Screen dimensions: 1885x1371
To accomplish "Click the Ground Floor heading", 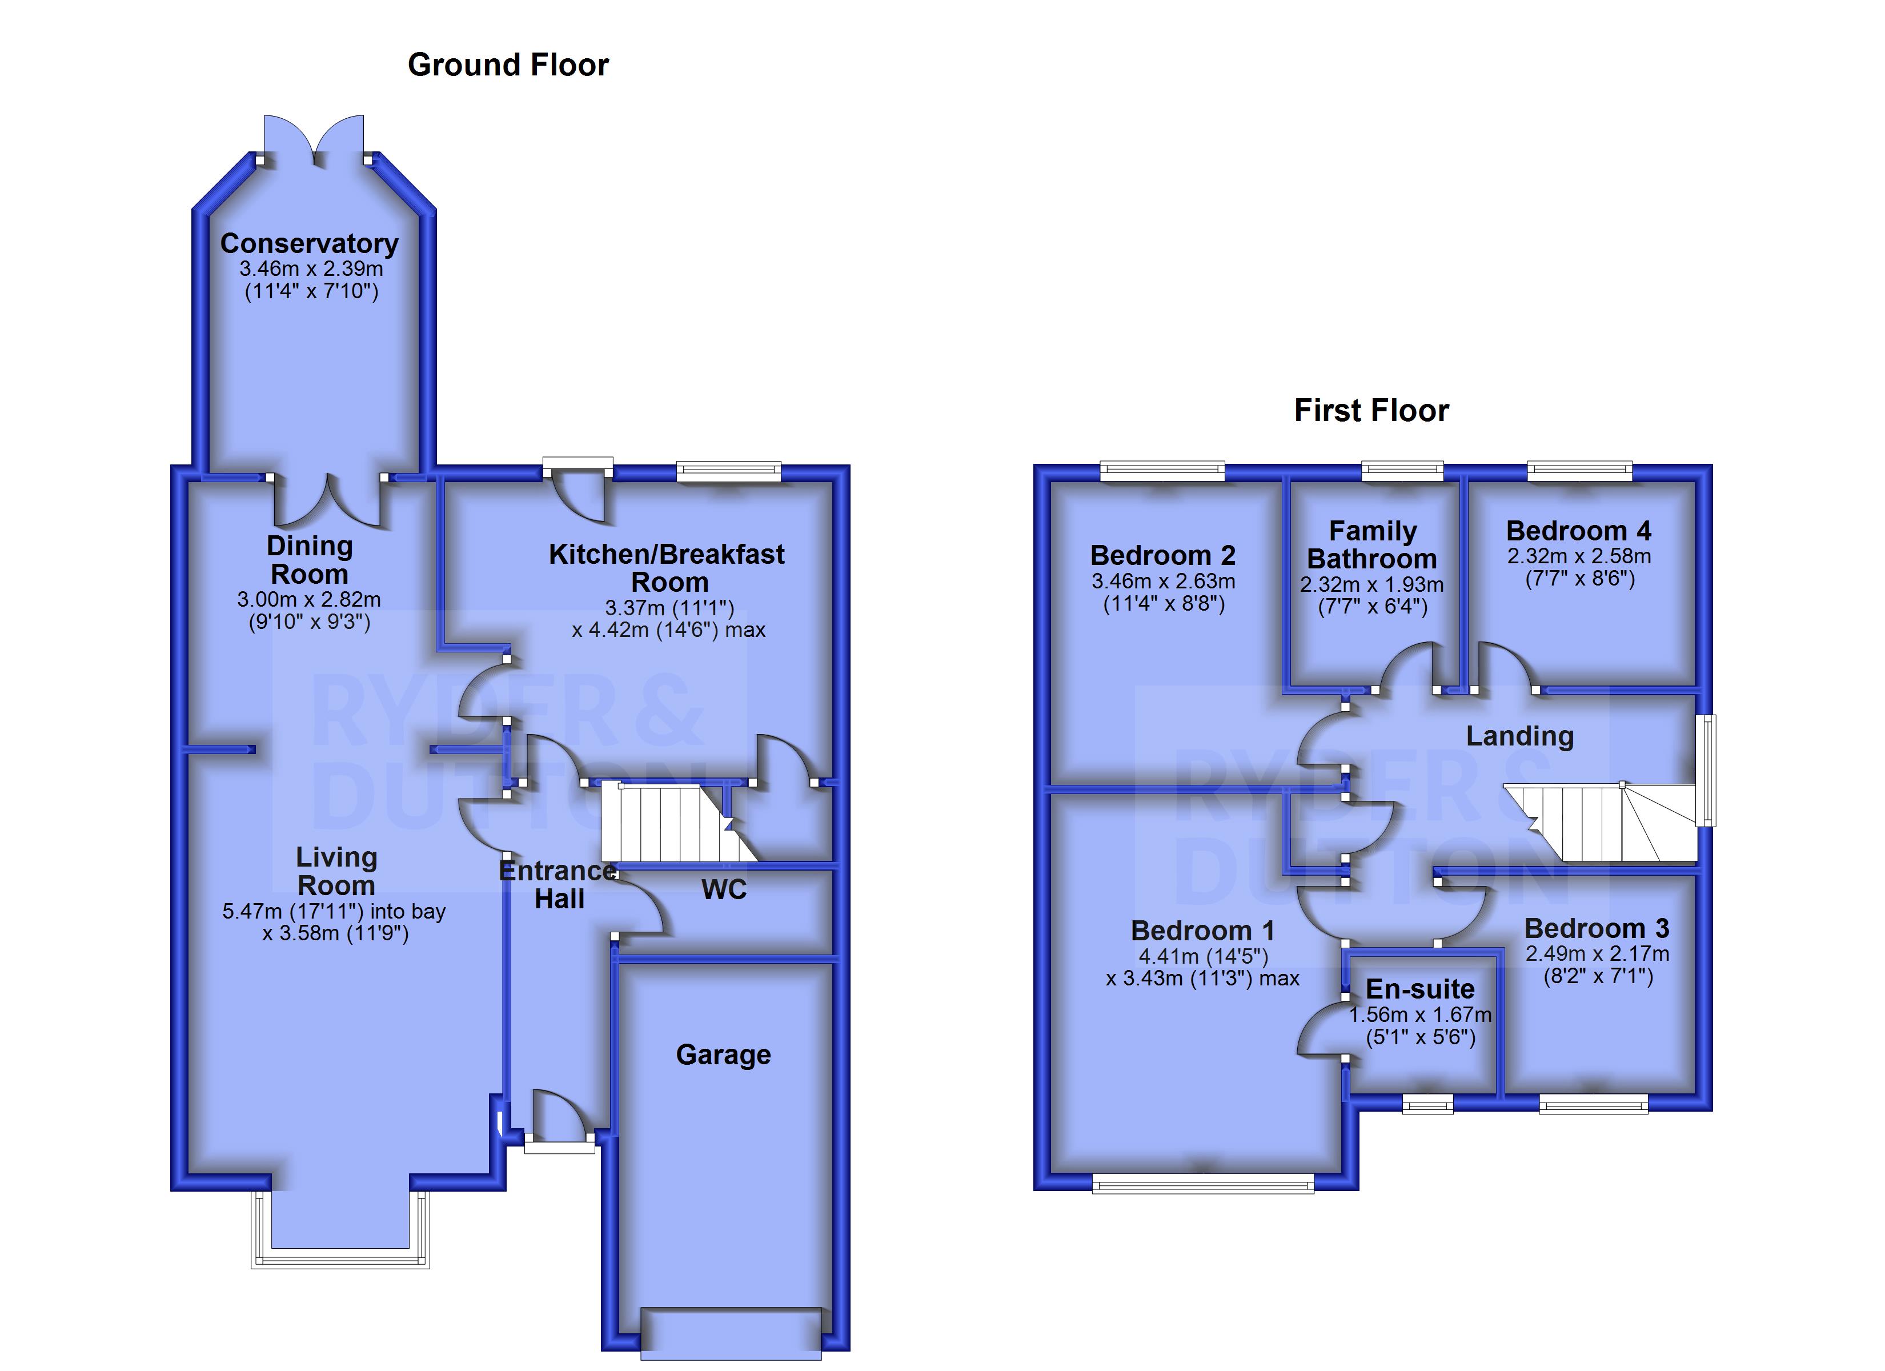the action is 508,65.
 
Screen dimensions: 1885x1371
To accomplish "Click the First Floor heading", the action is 1371,411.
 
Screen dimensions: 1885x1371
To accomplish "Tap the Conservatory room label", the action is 309,243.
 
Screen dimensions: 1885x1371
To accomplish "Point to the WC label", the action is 724,889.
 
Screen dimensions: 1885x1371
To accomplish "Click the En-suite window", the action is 1428,1104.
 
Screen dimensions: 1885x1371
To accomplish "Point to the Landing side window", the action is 1706,770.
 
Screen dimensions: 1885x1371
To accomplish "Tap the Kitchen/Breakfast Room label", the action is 667,568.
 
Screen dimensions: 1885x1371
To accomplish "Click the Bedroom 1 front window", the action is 1204,1183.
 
